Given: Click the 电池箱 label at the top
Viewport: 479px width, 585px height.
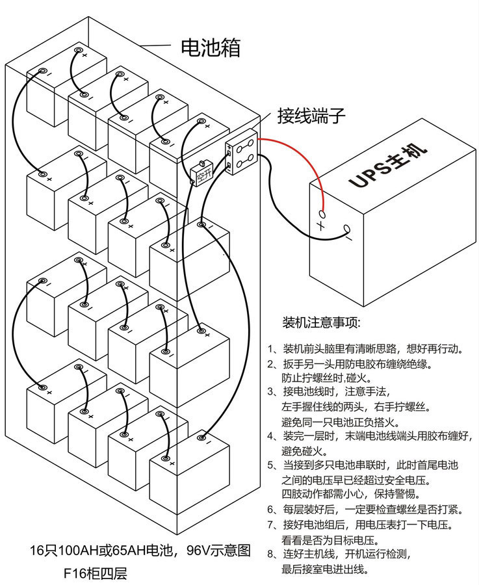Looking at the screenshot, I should tap(210, 48).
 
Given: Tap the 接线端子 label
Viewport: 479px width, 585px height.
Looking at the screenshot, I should tap(311, 116).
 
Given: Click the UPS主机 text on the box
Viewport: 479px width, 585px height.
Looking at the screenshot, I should tap(388, 168).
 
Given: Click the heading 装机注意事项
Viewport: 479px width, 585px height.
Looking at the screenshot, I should tap(321, 322).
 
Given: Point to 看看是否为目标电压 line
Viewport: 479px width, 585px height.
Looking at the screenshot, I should tap(330, 539).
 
